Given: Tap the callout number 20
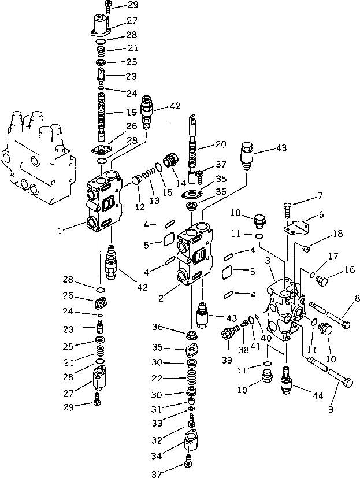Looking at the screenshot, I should pos(221,144).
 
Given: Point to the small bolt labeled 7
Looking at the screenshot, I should pos(289,207).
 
